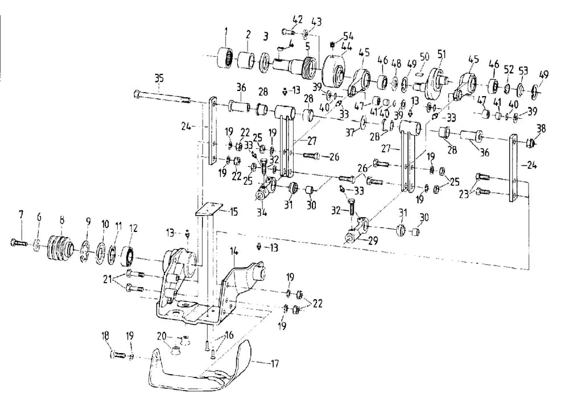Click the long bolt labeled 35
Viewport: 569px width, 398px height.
tap(162, 97)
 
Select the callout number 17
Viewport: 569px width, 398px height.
tap(275, 363)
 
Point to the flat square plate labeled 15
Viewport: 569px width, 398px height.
tap(209, 209)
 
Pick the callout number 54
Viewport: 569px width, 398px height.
tap(348, 36)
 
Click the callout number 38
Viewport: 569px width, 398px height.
tap(541, 129)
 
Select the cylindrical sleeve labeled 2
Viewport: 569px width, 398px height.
tap(247, 60)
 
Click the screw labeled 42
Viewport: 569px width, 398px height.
tap(289, 32)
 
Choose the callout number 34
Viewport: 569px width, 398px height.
tap(262, 212)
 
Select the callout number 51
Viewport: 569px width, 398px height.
tap(442, 55)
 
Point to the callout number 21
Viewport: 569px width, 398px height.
tap(108, 280)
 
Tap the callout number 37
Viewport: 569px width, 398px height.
tap(349, 132)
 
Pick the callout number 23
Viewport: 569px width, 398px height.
tap(464, 194)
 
